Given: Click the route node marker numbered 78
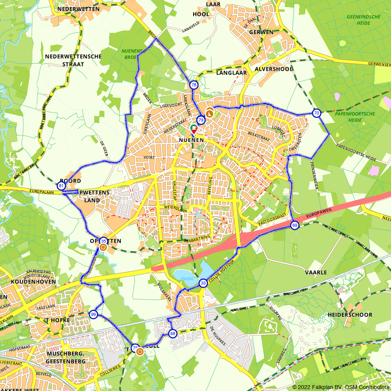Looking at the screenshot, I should (194, 85).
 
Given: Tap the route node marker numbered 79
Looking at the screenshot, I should (201, 120).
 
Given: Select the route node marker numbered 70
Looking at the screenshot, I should (316, 113).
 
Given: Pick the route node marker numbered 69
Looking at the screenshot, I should (294, 225).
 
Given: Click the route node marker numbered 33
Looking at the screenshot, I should (203, 283).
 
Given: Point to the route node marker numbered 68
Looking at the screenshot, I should (173, 334).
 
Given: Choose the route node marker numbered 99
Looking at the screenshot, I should (93, 314).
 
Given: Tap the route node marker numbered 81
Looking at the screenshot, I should (61, 186).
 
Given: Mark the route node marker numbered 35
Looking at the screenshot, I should (103, 241).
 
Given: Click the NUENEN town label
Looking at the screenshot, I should (191, 140).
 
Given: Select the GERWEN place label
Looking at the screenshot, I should (261, 32).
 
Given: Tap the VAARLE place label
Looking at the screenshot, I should (316, 272).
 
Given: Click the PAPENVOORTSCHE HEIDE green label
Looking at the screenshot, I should (349, 117).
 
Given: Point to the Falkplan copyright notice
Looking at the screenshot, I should (340, 387).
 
